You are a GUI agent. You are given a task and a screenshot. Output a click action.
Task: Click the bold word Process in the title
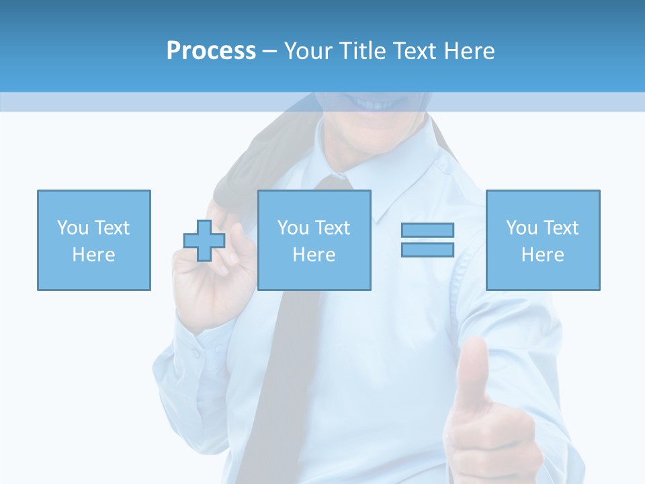click(x=211, y=51)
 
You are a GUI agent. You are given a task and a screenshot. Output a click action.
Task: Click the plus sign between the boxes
click(x=204, y=241)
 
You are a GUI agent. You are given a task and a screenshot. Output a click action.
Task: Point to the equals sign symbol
click(x=427, y=240)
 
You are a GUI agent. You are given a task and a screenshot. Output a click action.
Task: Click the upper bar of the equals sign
click(x=427, y=230)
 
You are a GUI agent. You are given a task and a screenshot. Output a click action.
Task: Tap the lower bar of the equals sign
click(x=427, y=249)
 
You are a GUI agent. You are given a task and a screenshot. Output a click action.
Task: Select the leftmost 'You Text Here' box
click(x=93, y=240)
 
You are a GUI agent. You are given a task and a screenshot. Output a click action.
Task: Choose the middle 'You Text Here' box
click(x=314, y=240)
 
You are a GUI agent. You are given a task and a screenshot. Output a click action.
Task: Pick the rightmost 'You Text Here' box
click(x=543, y=240)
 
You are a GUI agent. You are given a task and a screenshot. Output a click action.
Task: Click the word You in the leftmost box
click(x=73, y=228)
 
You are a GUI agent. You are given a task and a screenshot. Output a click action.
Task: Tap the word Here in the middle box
click(x=314, y=255)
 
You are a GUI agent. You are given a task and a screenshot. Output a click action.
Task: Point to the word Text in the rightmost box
click(x=561, y=228)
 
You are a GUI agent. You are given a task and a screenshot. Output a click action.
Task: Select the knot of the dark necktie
click(x=335, y=183)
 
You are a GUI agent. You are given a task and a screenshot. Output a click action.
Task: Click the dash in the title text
click(x=269, y=51)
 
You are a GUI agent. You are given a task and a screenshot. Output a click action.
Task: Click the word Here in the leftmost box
click(x=93, y=255)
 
